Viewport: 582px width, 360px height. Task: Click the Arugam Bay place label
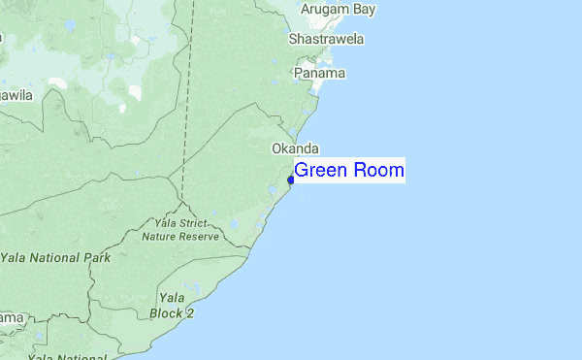pos(338,10)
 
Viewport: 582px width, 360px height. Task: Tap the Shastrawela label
pos(326,40)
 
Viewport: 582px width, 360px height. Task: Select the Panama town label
pos(321,74)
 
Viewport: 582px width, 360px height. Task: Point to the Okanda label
pos(295,148)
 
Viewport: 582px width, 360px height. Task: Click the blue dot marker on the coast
pos(291,180)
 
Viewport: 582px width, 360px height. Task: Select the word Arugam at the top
pos(325,10)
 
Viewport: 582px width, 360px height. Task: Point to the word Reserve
pos(206,236)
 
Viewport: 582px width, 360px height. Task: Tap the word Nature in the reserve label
pos(160,236)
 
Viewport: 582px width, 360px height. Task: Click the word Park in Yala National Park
pos(95,258)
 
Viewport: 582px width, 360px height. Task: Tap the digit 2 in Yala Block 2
pos(190,313)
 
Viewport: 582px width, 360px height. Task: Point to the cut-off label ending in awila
pos(16,95)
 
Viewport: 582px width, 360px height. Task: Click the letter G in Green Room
pos(302,172)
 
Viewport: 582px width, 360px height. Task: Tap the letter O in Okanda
pos(276,148)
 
